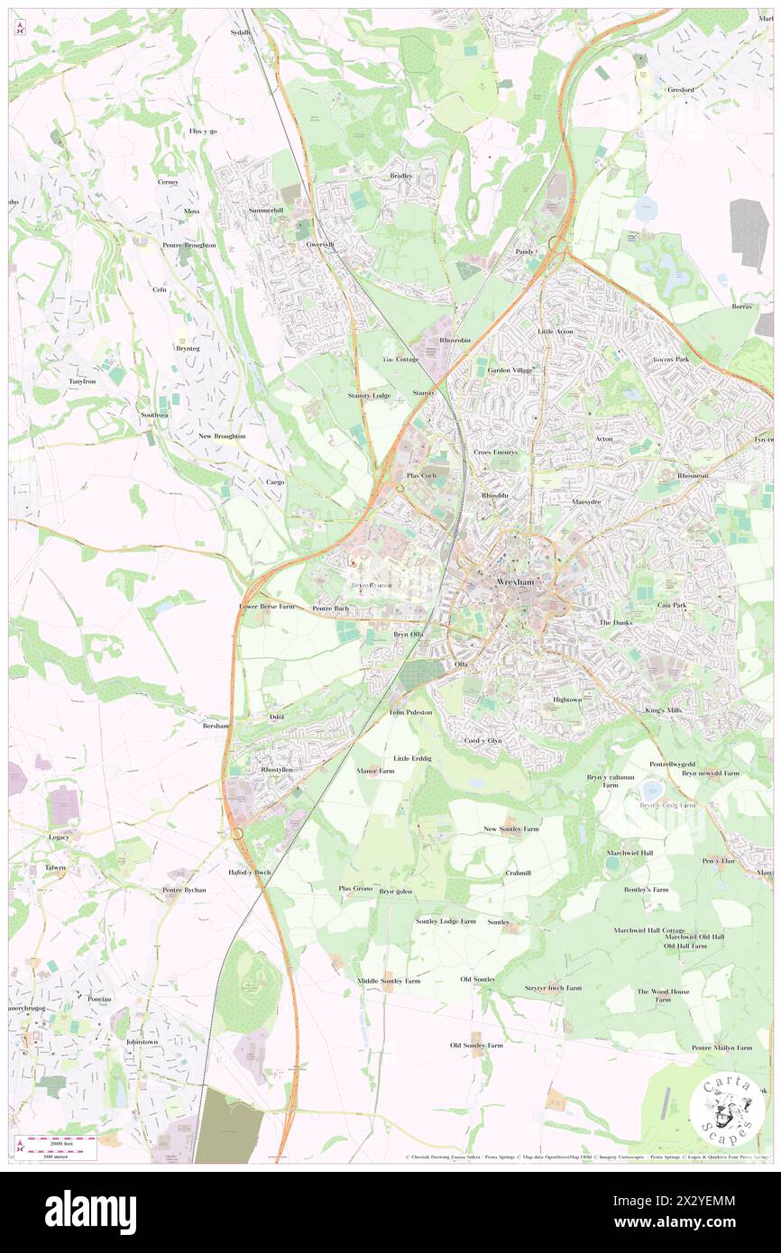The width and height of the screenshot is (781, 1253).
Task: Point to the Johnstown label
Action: coord(142,1041)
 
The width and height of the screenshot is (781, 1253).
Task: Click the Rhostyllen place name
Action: coord(276,770)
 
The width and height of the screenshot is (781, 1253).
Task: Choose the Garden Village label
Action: coord(510,370)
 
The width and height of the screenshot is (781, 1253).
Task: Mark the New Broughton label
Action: coord(222,435)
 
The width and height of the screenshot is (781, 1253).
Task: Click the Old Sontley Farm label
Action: coord(476,1045)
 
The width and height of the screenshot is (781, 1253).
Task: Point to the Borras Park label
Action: coord(671,359)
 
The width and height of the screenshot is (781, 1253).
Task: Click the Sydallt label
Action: coord(239,32)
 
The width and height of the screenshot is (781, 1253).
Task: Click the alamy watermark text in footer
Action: coord(90,1212)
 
